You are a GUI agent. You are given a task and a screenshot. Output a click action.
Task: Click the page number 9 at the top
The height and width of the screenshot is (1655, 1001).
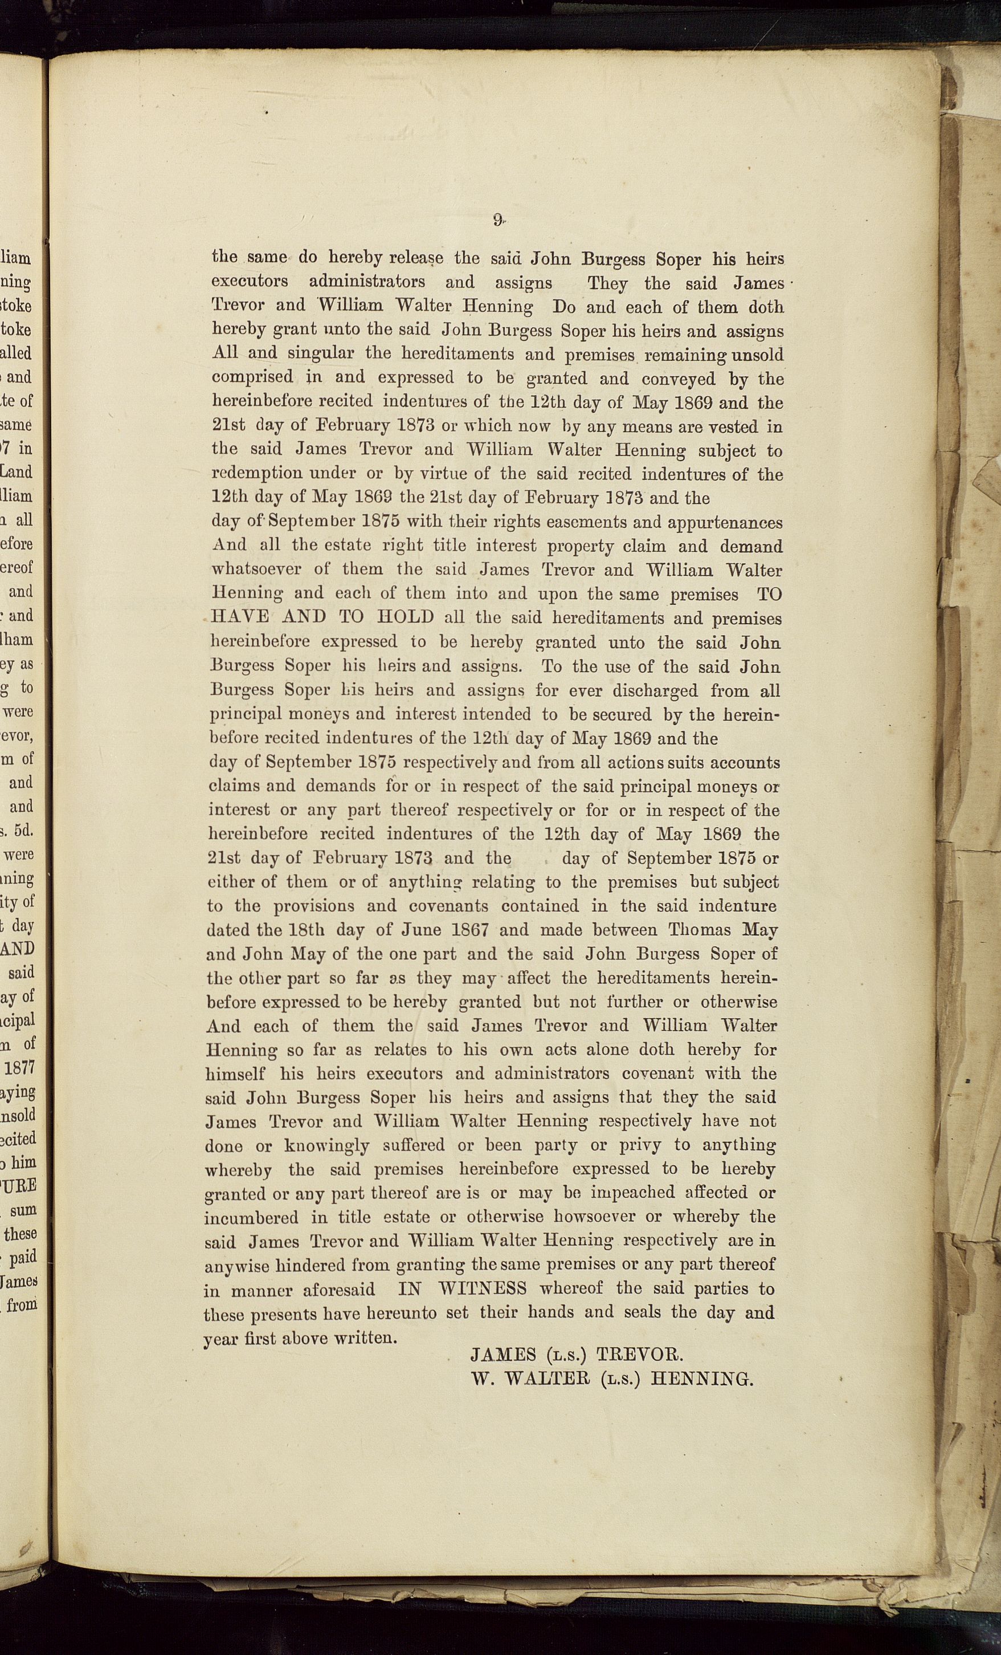[497, 219]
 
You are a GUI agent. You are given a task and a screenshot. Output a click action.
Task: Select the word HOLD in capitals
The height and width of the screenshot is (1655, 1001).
[406, 617]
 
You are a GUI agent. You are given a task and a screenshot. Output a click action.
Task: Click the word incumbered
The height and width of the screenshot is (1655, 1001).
[251, 1217]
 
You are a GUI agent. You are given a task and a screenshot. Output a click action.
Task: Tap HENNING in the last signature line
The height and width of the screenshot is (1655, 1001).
[702, 1379]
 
